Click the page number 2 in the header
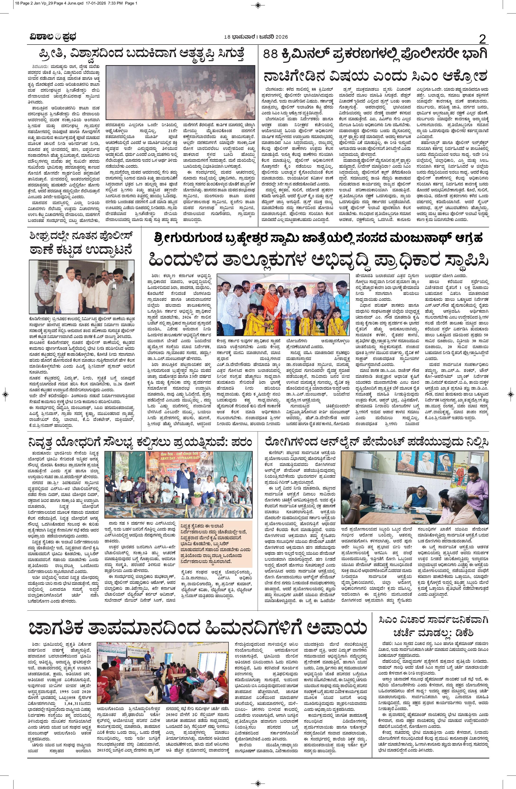(x=482, y=40)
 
